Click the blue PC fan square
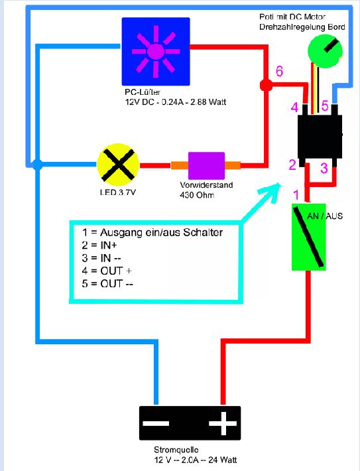click(x=156, y=51)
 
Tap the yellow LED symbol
click(x=118, y=165)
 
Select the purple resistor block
click(x=206, y=165)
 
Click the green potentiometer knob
click(x=325, y=51)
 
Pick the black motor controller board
click(x=320, y=137)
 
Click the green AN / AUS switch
click(x=309, y=237)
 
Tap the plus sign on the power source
click(x=223, y=423)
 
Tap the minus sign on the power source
click(x=156, y=423)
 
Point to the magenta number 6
click(x=279, y=71)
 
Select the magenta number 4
click(x=294, y=107)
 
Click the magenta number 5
click(x=325, y=105)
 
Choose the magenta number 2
click(x=292, y=165)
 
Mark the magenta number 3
click(x=324, y=168)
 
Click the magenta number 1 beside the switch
click(x=296, y=194)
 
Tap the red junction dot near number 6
click(x=266, y=86)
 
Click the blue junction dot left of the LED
click(x=37, y=165)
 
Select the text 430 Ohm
click(x=197, y=195)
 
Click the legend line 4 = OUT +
click(x=107, y=271)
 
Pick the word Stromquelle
click(x=176, y=450)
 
